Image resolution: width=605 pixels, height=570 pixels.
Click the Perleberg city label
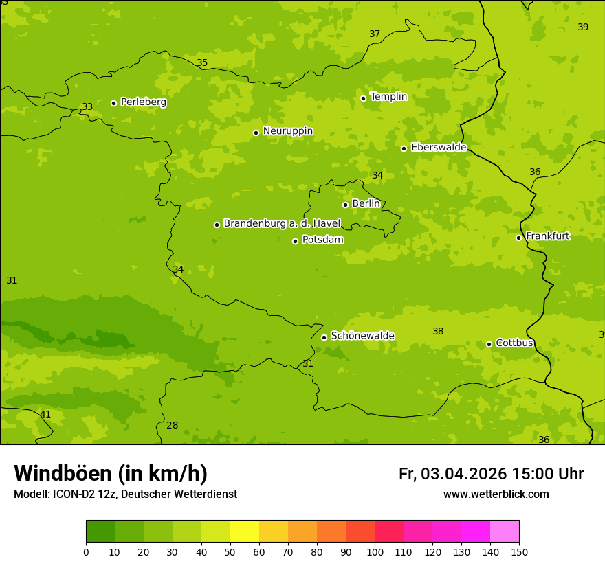[x=143, y=102]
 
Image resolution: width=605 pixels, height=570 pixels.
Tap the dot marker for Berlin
[x=345, y=205]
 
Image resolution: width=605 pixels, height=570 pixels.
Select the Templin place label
[x=388, y=97]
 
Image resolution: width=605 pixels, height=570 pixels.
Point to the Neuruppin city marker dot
[x=256, y=133]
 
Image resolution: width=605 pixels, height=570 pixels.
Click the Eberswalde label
[x=439, y=148]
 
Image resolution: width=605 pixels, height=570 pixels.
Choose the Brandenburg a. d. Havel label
[x=282, y=224]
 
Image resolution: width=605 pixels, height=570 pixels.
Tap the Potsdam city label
[x=322, y=240]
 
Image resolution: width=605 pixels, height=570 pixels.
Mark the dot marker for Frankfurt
[x=518, y=238]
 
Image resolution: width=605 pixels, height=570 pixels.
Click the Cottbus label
[x=514, y=343]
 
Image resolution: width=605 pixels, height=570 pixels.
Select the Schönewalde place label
[x=362, y=336]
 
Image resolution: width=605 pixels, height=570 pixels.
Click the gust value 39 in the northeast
[x=583, y=27]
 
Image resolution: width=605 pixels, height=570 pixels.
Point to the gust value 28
[x=172, y=426]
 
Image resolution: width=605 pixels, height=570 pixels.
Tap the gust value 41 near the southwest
[x=45, y=415]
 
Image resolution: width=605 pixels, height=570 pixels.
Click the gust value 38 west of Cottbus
[x=438, y=332]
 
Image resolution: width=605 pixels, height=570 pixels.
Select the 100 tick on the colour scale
[x=375, y=551]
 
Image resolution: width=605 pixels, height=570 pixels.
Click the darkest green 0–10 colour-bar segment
[x=100, y=532]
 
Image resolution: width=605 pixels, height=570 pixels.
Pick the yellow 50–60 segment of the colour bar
[x=245, y=532]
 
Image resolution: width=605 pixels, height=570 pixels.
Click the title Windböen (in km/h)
[x=110, y=474]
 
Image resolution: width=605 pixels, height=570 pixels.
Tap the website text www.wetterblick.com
[x=496, y=494]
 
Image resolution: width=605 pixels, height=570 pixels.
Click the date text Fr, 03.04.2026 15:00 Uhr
[x=491, y=475]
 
